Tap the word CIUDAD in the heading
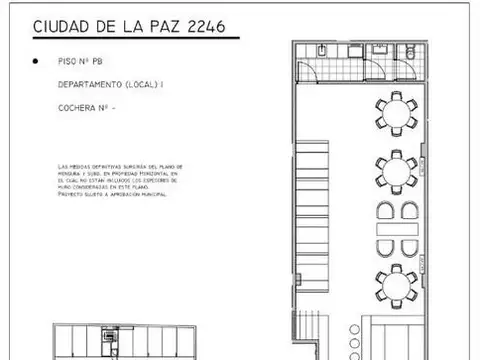[64, 27]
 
